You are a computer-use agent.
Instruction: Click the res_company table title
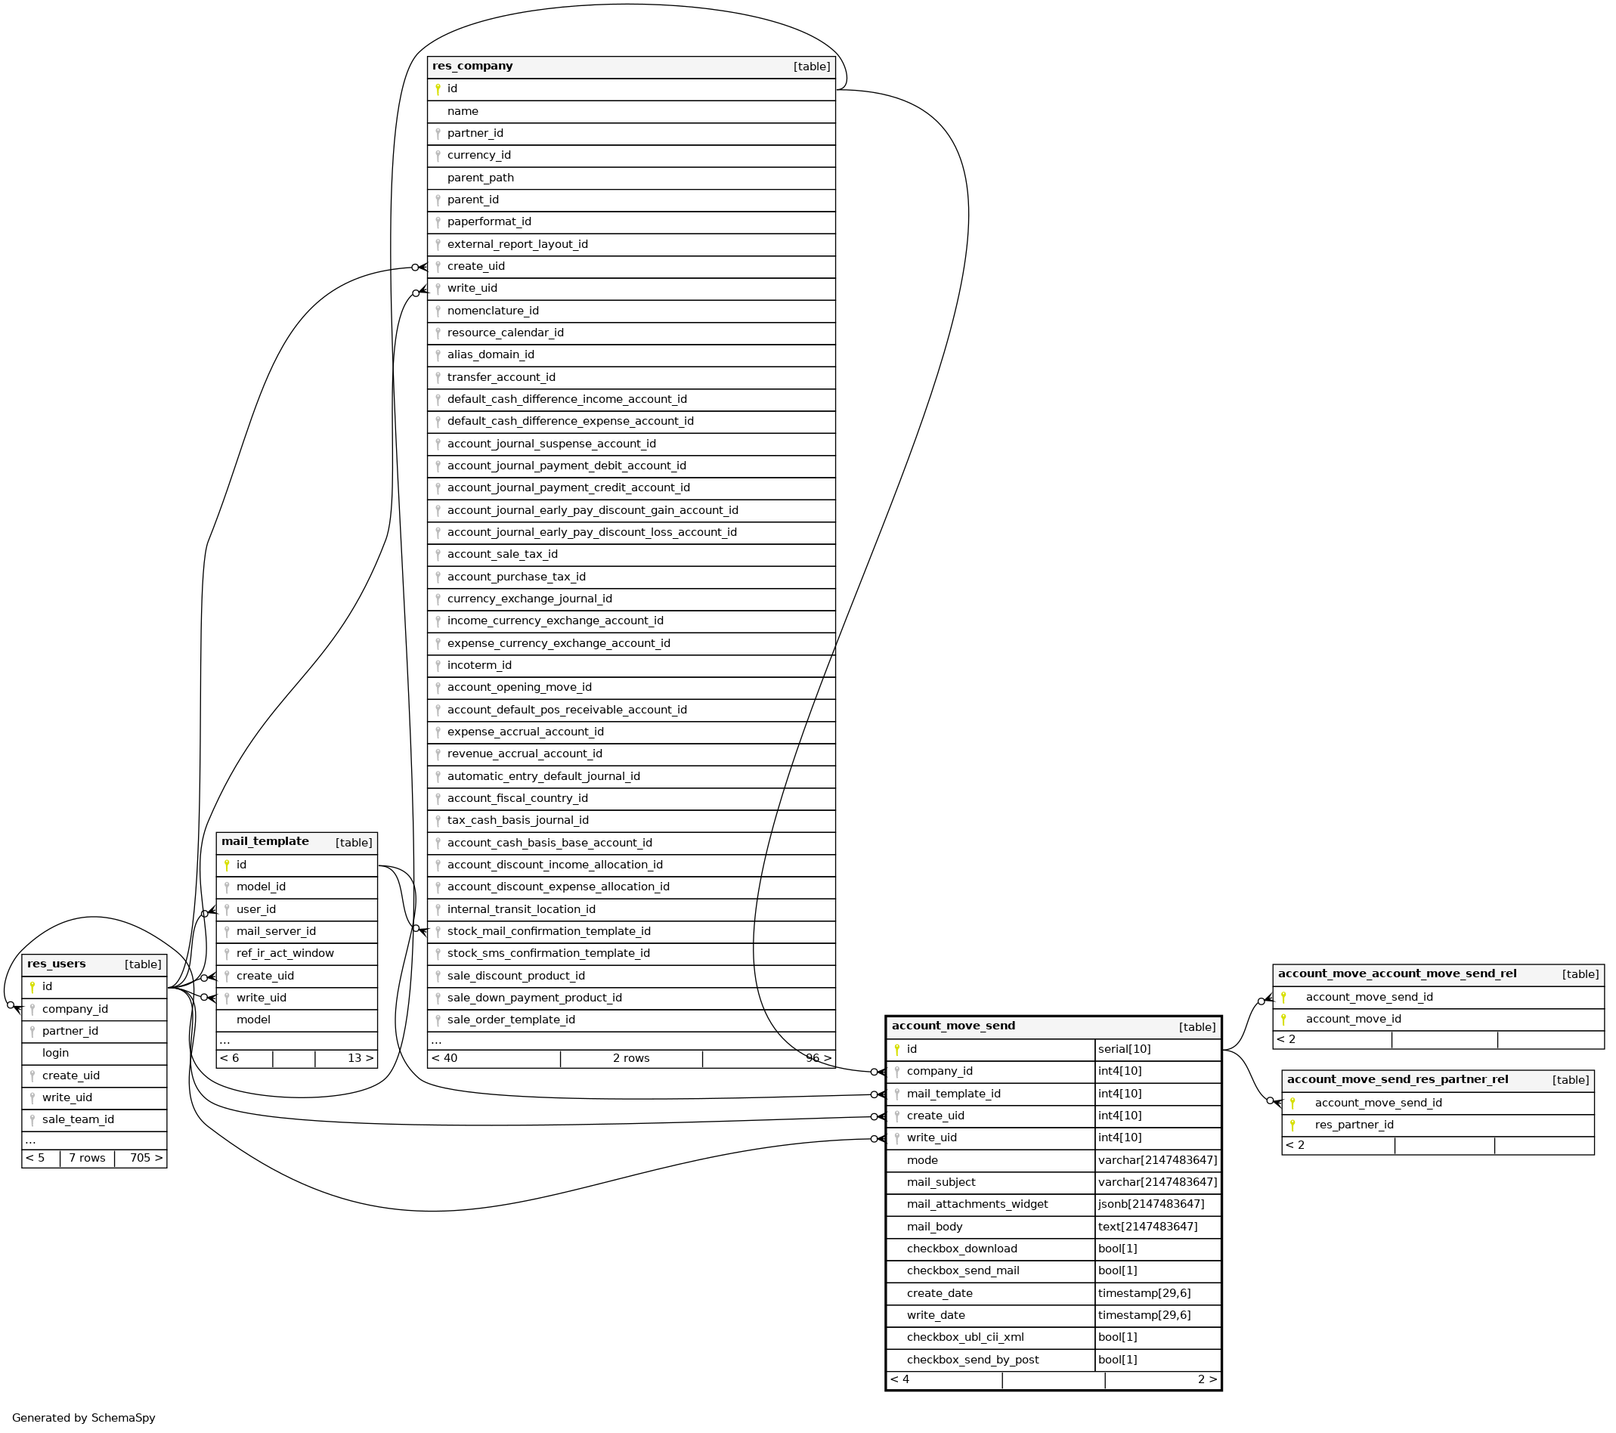[x=472, y=67]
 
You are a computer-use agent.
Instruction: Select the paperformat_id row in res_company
[x=488, y=222]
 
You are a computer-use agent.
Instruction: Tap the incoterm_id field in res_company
[x=479, y=666]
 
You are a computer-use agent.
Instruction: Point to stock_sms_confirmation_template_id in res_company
[x=548, y=953]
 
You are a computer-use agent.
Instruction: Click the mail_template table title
[x=265, y=842]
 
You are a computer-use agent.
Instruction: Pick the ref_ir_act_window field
[x=285, y=953]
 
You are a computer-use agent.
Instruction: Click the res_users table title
[x=56, y=964]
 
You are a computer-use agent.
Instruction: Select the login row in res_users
[x=55, y=1053]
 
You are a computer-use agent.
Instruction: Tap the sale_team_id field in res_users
[x=78, y=1119]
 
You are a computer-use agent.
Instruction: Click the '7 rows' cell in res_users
[x=87, y=1158]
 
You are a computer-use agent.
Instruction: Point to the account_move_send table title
[x=952, y=1026]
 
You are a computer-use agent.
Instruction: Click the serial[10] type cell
[x=1123, y=1049]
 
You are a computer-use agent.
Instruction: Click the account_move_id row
[x=1353, y=1019]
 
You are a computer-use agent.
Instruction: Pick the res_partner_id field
[x=1354, y=1125]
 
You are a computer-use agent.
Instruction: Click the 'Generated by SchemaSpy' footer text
[x=84, y=1418]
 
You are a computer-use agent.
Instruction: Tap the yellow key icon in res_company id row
[x=438, y=89]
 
